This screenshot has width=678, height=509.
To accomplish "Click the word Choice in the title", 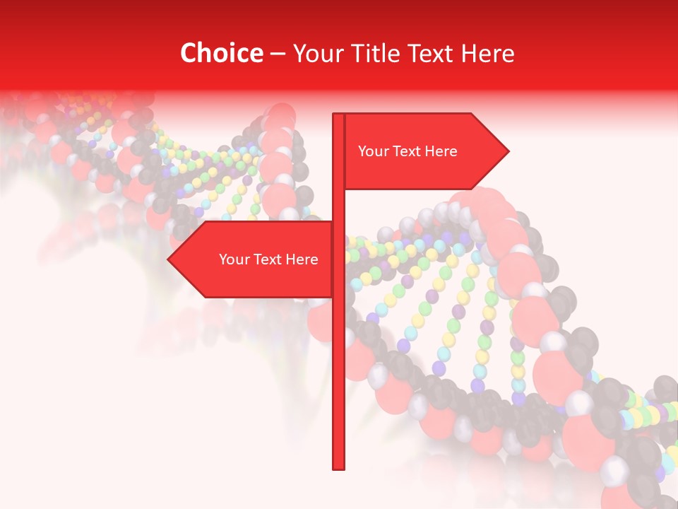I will (221, 53).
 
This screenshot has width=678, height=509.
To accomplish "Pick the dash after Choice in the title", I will (278, 54).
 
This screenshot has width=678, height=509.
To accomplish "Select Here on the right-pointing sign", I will (441, 151).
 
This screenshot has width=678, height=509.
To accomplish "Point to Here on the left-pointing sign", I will (302, 259).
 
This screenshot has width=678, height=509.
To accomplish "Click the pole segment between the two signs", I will (338, 205).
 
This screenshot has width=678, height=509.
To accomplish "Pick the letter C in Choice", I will (189, 53).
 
